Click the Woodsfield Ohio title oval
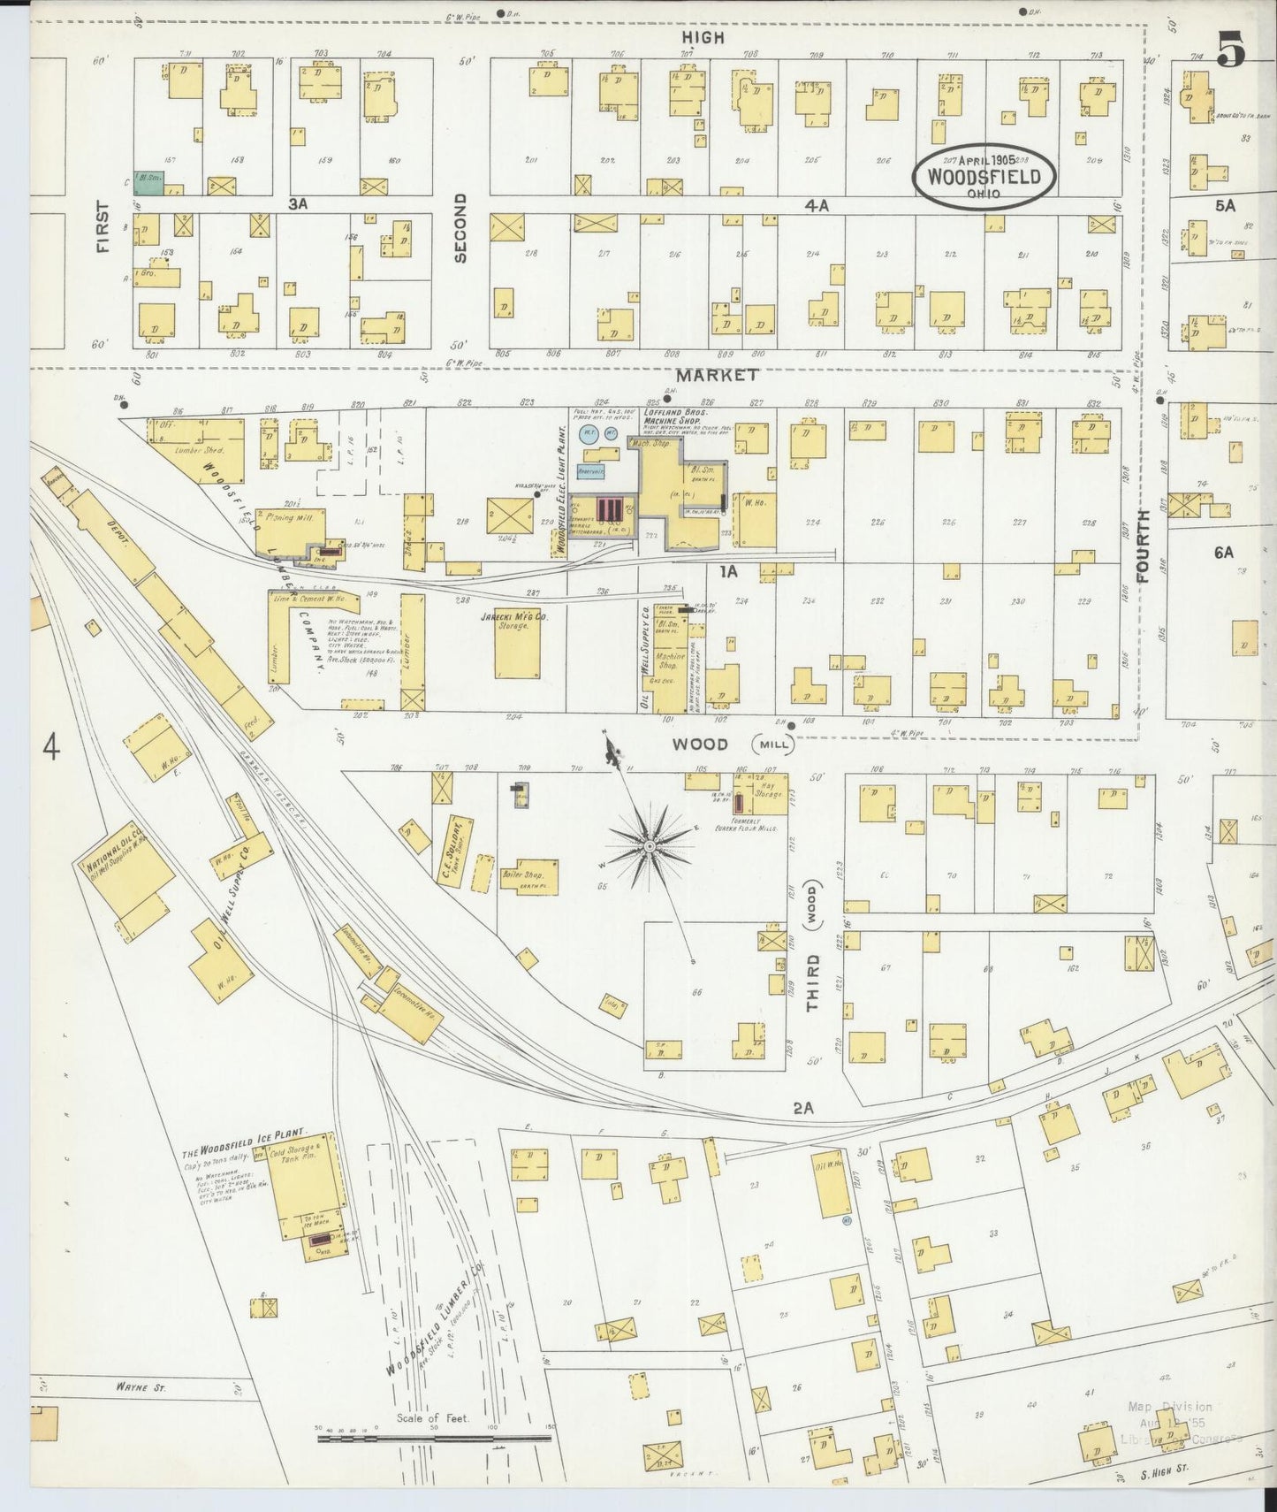(984, 177)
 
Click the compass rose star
(650, 846)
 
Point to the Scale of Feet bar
(433, 1439)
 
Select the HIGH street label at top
(703, 37)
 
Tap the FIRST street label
(104, 227)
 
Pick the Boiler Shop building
(527, 876)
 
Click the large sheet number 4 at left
(51, 748)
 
